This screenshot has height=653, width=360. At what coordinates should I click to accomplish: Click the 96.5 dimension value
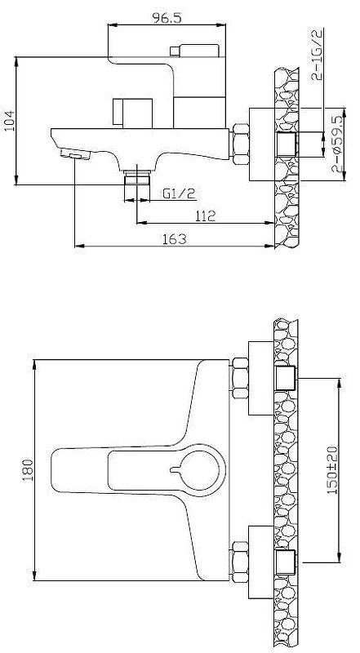pyautogui.click(x=167, y=18)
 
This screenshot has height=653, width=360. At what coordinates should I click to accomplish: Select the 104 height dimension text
pyautogui.click(x=9, y=121)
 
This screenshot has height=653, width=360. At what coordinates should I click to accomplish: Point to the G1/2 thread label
pyautogui.click(x=179, y=193)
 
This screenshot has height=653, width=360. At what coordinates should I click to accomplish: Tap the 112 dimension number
pyautogui.click(x=206, y=215)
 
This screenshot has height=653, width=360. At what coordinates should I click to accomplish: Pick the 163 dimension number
pyautogui.click(x=175, y=239)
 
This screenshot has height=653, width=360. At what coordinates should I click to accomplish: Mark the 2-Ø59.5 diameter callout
pyautogui.click(x=337, y=144)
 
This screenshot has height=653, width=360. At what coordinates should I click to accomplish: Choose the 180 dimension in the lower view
pyautogui.click(x=28, y=470)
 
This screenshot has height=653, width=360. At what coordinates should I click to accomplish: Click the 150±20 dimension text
pyautogui.click(x=332, y=469)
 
